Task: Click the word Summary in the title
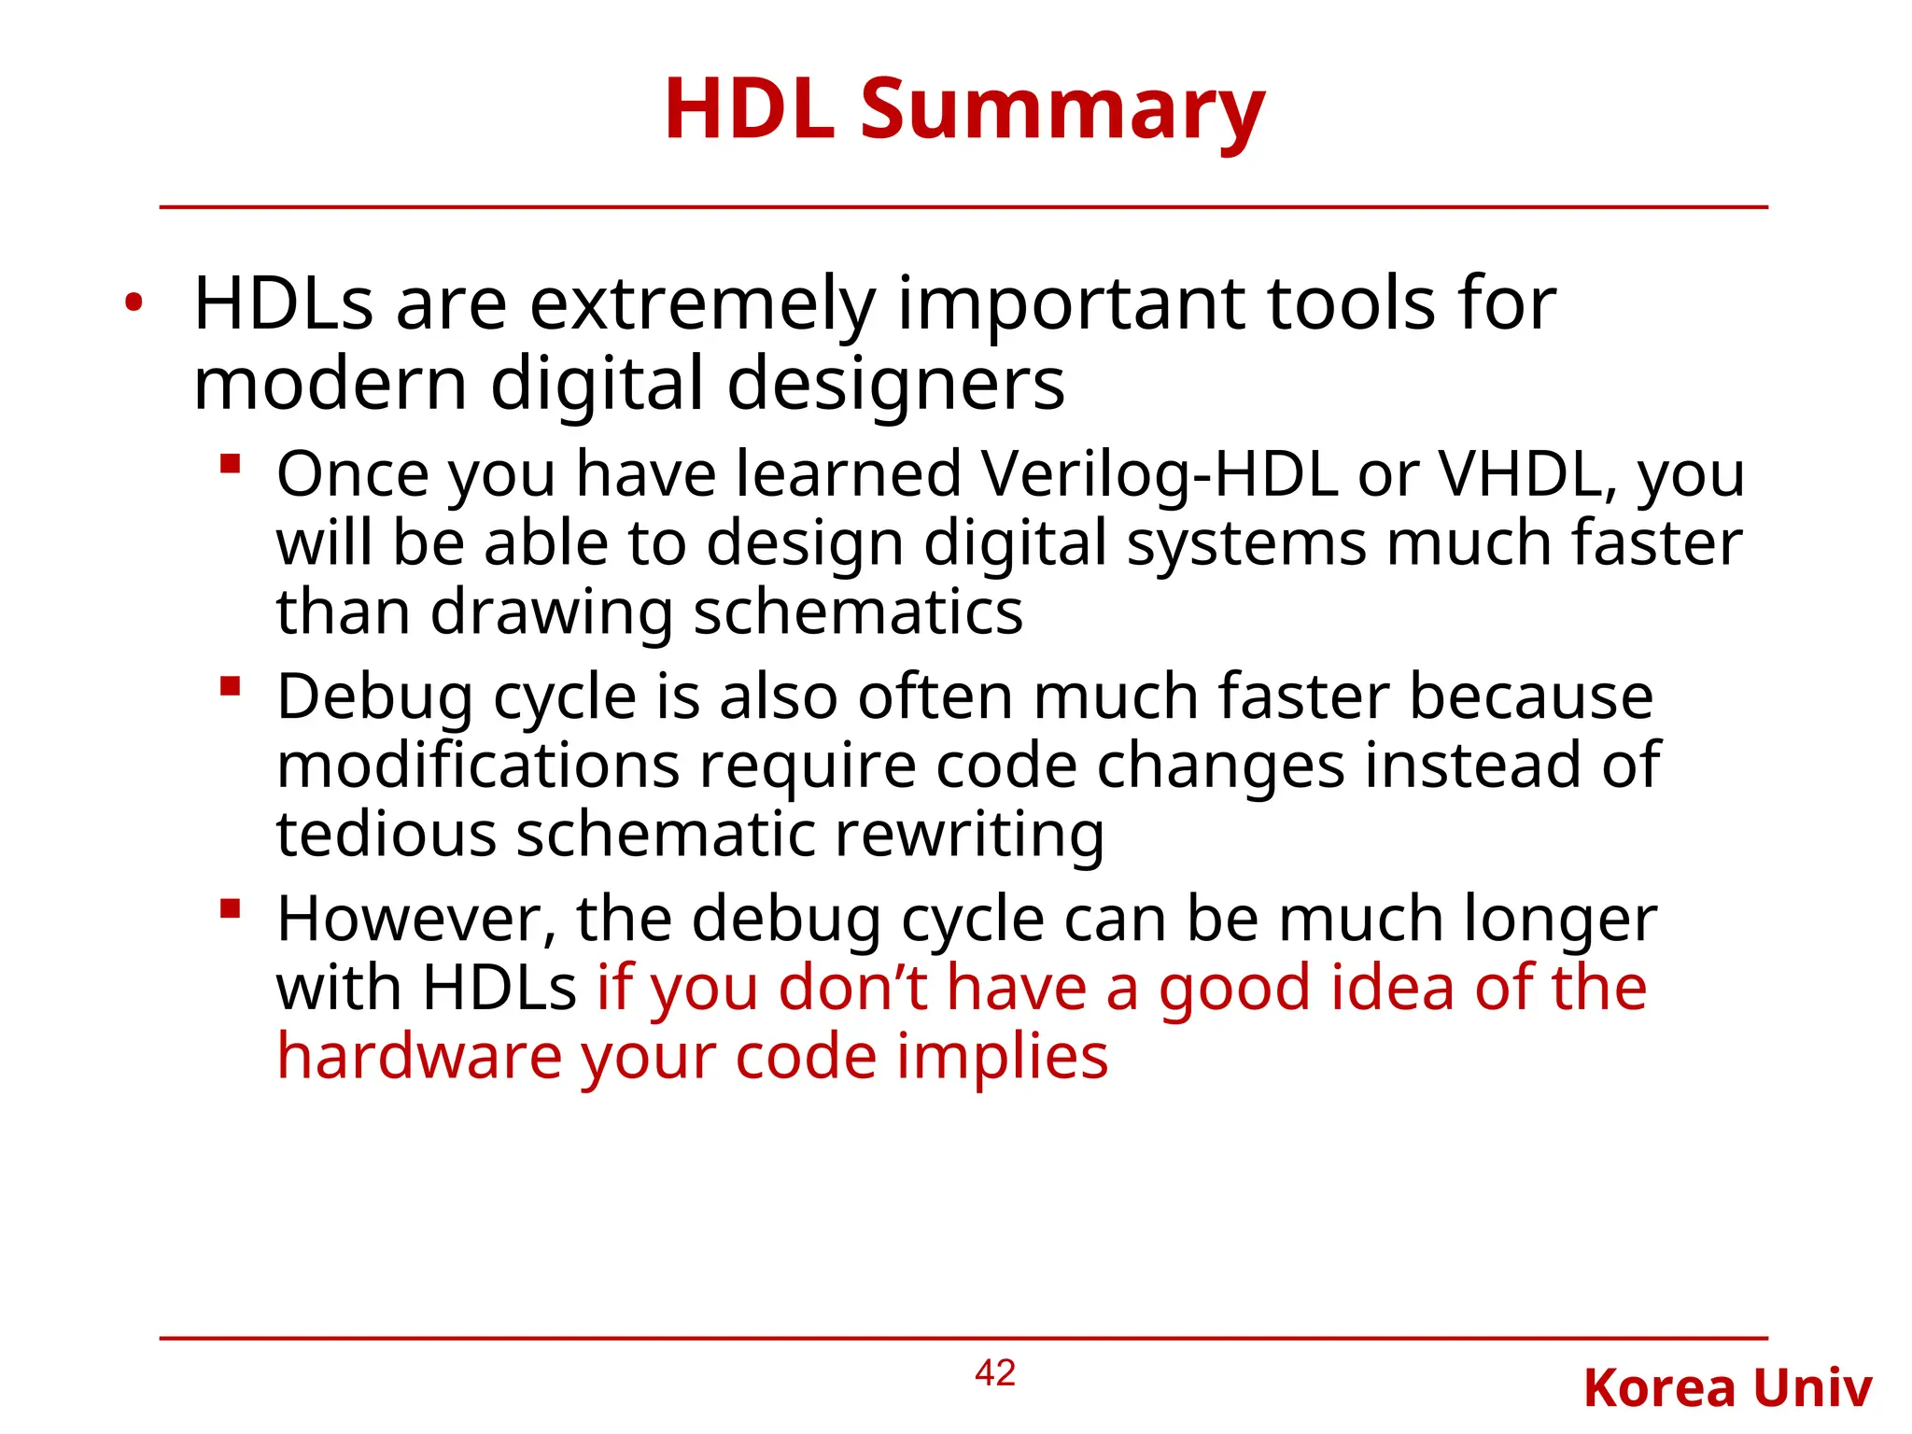click(x=1061, y=110)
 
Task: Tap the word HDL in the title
click(x=749, y=110)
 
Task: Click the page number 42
click(x=994, y=1373)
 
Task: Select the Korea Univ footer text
click(x=1727, y=1388)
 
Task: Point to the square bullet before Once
click(x=231, y=464)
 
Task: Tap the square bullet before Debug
click(x=231, y=687)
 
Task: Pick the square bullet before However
click(x=231, y=908)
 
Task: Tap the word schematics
click(x=858, y=612)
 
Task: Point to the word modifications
click(x=478, y=766)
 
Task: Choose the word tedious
click(x=386, y=834)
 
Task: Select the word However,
click(x=416, y=919)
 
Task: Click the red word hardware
click(x=419, y=1057)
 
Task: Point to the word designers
click(x=895, y=385)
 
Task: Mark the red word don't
click(x=852, y=988)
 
